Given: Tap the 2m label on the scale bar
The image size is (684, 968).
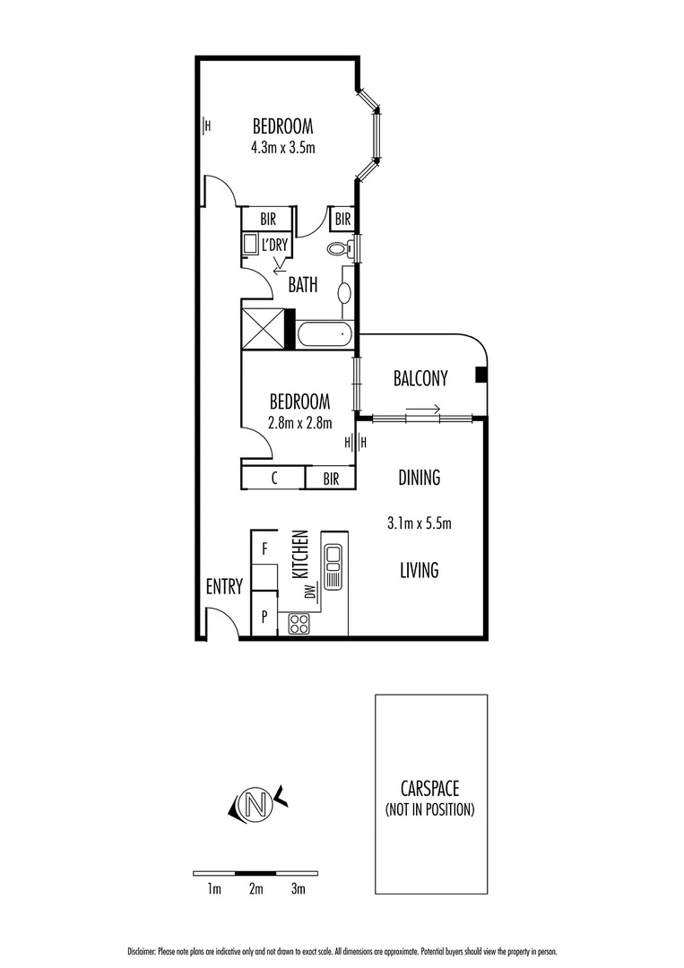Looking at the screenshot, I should point(256,889).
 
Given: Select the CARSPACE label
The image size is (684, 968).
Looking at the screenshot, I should point(430,790).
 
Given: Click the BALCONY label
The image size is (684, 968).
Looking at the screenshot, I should point(420,378).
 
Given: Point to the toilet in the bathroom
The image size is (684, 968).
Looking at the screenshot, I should point(340,248).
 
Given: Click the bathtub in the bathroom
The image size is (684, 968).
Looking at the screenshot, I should point(323,335).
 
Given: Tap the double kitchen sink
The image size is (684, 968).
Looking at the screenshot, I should point(333,567).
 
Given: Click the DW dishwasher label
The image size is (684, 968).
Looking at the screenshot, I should point(310,591).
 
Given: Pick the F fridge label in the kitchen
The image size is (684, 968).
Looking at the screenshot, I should point(264,548).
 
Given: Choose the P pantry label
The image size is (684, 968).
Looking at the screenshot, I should point(264,617).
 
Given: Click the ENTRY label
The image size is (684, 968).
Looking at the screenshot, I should point(224,587).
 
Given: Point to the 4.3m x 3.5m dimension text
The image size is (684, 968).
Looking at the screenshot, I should point(283,147).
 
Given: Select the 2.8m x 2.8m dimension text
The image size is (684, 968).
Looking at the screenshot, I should point(300,423).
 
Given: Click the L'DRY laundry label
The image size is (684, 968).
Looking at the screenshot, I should point(273,244).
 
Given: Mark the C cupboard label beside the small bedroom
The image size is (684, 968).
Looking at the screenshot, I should point(273,479).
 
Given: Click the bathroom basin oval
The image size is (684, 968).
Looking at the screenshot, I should point(344,291).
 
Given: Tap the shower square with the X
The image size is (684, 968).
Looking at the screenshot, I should point(264,328).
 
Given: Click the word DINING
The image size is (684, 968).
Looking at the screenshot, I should point(419,478).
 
